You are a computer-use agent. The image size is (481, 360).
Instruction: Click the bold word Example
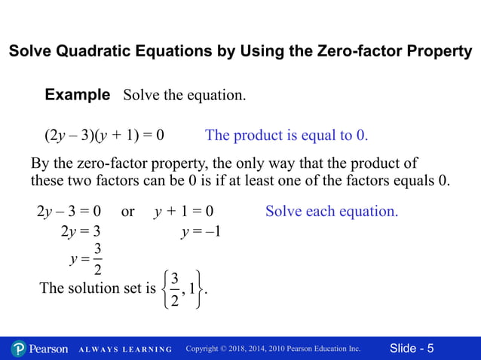[x=78, y=96]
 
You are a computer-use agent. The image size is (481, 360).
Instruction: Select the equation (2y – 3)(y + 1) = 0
[x=104, y=136]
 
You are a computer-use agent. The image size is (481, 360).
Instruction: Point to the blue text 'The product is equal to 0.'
[x=286, y=136]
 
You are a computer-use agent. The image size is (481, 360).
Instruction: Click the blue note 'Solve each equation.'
[x=332, y=212]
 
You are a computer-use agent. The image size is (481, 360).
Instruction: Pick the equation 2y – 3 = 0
[x=69, y=212]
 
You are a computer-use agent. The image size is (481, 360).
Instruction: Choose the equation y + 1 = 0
[x=184, y=212]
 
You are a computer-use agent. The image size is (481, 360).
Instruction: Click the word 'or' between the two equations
[x=127, y=212]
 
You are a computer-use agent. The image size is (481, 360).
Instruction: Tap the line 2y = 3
[x=81, y=232]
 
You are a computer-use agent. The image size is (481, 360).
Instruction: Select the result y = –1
[x=201, y=232]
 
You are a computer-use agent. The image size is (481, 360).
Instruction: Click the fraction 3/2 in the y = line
[x=98, y=259]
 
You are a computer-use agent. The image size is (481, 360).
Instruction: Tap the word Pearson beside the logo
[x=50, y=349]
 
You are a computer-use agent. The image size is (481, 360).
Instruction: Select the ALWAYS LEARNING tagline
[x=125, y=349]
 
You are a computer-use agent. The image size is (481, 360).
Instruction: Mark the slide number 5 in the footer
[x=430, y=349]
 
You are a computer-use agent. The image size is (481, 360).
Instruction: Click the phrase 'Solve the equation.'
[x=184, y=96]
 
